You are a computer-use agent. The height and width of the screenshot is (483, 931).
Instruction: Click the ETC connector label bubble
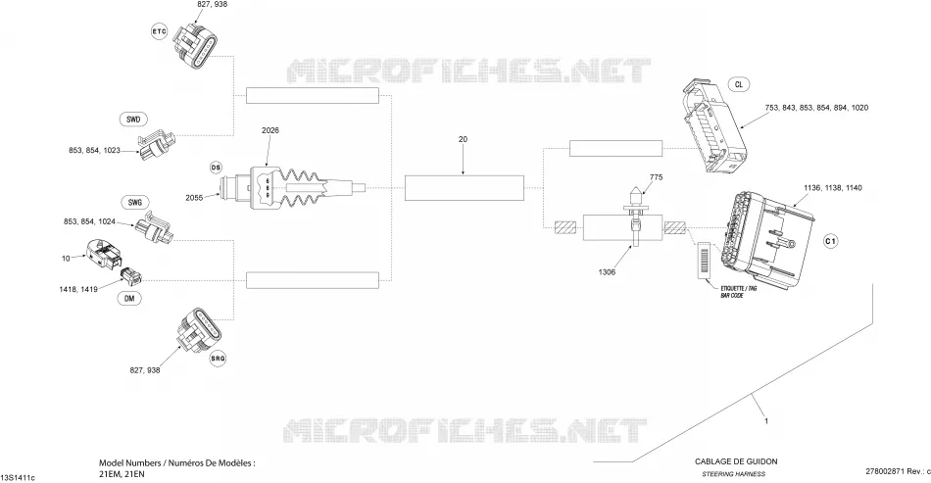(159, 31)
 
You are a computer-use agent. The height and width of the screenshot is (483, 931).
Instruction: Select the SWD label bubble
(133, 120)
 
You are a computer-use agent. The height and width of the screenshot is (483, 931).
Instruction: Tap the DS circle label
(216, 168)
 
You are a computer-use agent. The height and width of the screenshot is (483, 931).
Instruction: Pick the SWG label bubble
(135, 203)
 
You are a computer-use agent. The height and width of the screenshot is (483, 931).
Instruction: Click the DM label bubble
(129, 299)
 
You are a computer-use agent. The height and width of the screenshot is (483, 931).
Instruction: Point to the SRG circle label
(218, 359)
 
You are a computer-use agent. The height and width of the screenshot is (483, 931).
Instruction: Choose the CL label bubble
(739, 84)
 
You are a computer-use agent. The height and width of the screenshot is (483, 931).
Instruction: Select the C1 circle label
(830, 241)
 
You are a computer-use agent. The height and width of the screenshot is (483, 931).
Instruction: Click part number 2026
(270, 130)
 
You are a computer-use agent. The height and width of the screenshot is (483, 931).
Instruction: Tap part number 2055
(194, 198)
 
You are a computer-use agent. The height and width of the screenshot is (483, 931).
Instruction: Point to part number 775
(656, 176)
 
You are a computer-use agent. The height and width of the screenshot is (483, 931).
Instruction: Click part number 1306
(607, 272)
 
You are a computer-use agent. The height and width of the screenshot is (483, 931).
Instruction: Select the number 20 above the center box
(464, 139)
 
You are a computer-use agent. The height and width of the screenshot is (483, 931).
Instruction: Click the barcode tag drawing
(706, 260)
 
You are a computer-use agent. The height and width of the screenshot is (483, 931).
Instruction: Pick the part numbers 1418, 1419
(78, 289)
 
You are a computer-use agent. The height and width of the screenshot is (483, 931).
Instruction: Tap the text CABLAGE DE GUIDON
(736, 461)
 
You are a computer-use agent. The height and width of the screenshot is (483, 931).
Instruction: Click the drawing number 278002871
(884, 471)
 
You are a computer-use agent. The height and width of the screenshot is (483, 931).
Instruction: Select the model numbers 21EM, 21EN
(122, 474)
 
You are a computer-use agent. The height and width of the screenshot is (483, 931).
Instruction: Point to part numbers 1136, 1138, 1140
(833, 187)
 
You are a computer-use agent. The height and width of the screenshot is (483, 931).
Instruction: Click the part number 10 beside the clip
(66, 258)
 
